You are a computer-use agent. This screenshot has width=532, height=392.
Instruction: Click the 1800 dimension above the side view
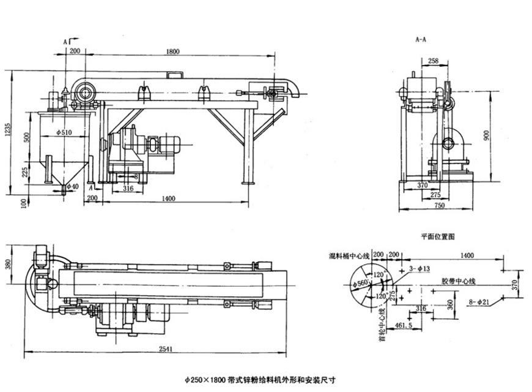pyautogui.click(x=172, y=53)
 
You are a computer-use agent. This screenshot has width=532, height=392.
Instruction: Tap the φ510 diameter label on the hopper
pyautogui.click(x=64, y=131)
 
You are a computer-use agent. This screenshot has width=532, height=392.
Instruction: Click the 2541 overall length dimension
pyautogui.click(x=155, y=350)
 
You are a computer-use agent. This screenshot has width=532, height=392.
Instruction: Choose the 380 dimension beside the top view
pyautogui.click(x=8, y=264)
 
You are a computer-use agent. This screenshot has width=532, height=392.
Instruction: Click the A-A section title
pyautogui.click(x=421, y=39)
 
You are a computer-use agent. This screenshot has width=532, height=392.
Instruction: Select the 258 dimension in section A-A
pyautogui.click(x=433, y=61)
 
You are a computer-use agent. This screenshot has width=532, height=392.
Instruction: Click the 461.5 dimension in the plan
pyautogui.click(x=404, y=323)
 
